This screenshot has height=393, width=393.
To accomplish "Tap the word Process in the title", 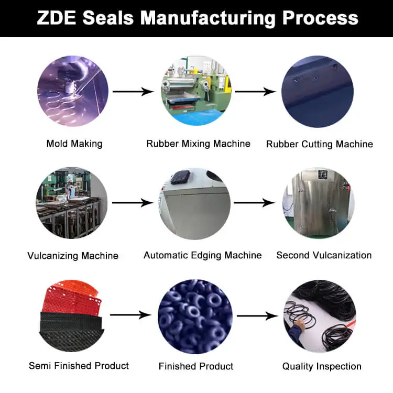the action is click(x=320, y=18).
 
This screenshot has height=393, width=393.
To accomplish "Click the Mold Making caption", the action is click(x=74, y=144).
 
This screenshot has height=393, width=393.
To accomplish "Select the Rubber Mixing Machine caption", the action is click(x=198, y=144).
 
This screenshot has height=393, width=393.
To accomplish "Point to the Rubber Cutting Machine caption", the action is click(x=320, y=144).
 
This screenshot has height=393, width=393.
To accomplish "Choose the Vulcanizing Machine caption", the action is click(x=73, y=256).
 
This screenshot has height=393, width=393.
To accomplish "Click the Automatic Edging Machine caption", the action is click(x=203, y=255).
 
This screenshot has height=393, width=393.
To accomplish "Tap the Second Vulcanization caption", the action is click(x=324, y=255).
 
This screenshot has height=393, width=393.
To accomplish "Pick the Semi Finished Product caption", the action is click(x=79, y=365).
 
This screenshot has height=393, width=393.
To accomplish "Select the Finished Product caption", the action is click(x=196, y=366).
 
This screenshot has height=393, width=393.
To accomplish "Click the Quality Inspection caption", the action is click(x=322, y=366).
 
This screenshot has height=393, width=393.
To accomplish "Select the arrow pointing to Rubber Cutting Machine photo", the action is click(x=255, y=92).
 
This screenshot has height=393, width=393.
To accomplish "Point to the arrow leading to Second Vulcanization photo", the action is click(x=254, y=203).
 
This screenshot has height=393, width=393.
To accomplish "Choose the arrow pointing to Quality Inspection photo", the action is click(x=257, y=315).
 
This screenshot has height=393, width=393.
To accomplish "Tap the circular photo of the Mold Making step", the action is click(x=73, y=91).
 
